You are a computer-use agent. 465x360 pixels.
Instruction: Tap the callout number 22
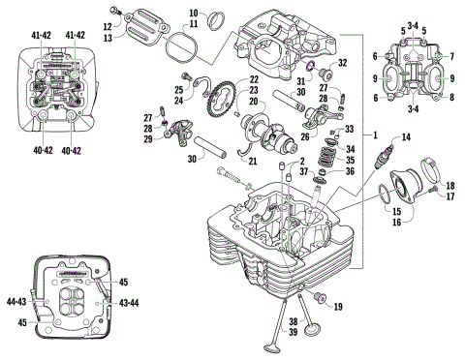(x=254, y=80)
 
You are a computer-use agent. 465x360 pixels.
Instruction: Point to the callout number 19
(x=338, y=307)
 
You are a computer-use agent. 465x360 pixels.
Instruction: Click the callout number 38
(x=292, y=320)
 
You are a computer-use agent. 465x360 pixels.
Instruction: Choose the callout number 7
(x=451, y=57)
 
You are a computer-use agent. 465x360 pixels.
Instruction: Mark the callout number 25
(x=181, y=77)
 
